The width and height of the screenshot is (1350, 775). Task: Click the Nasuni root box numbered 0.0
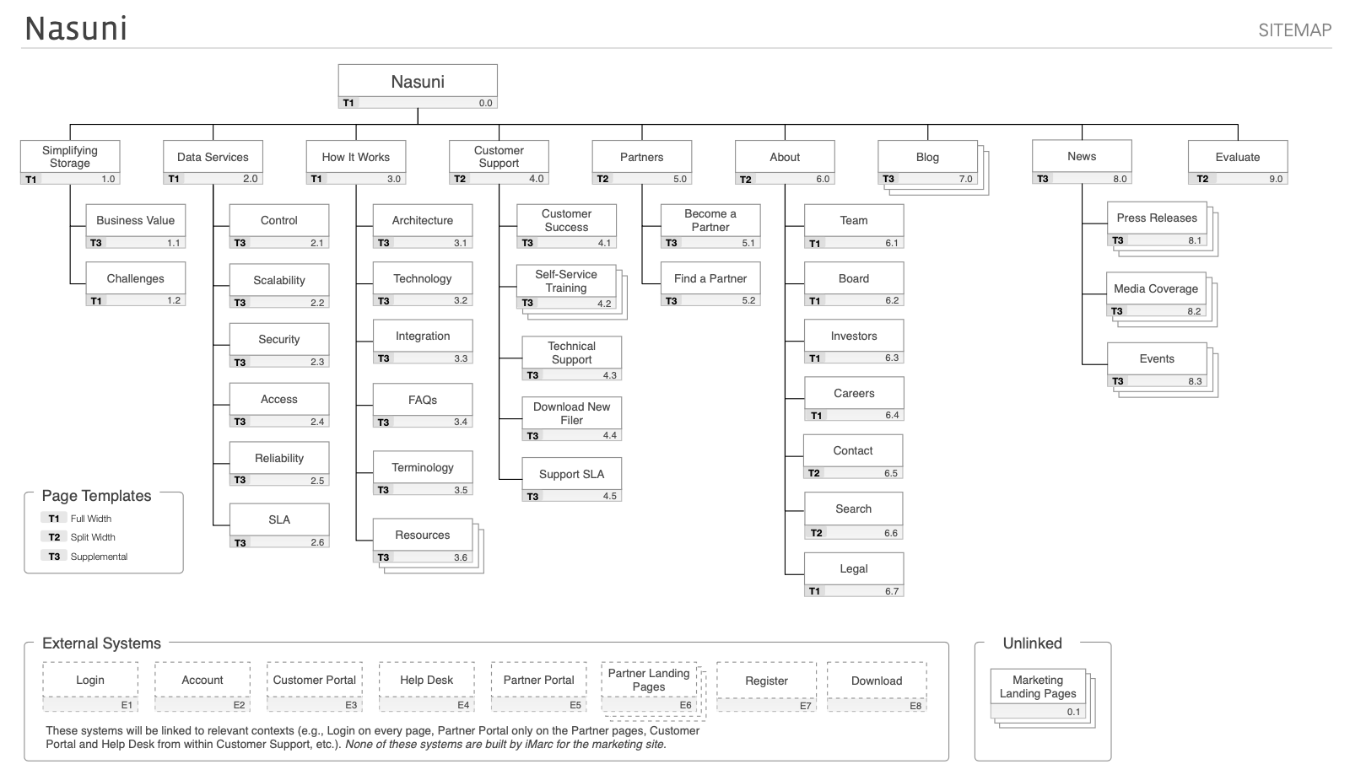[418, 86]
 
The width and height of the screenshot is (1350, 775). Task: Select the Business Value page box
[136, 226]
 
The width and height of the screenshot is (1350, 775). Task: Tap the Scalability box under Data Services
[279, 286]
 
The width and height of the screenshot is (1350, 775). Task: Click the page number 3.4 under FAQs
[461, 422]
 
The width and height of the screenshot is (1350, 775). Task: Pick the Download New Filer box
[571, 418]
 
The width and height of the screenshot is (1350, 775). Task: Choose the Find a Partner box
[710, 283]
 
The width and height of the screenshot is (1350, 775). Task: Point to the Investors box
[854, 342]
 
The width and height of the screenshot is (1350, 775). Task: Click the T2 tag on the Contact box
[813, 473]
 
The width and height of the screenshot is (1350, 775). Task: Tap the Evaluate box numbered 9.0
[1238, 163]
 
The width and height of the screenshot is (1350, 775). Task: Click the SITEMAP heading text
[1294, 30]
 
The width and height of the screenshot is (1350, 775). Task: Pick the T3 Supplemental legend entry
[84, 557]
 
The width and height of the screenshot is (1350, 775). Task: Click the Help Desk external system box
[427, 686]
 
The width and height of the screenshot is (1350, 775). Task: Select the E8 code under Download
[915, 706]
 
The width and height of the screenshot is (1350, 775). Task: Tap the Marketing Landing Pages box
[1043, 698]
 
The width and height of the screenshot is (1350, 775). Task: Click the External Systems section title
[101, 643]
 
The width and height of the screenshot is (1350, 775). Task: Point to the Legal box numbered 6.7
[854, 574]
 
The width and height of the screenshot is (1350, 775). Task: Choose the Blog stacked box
[933, 168]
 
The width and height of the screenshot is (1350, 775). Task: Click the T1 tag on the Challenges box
[96, 300]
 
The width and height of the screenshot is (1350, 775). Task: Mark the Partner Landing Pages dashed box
[653, 692]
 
